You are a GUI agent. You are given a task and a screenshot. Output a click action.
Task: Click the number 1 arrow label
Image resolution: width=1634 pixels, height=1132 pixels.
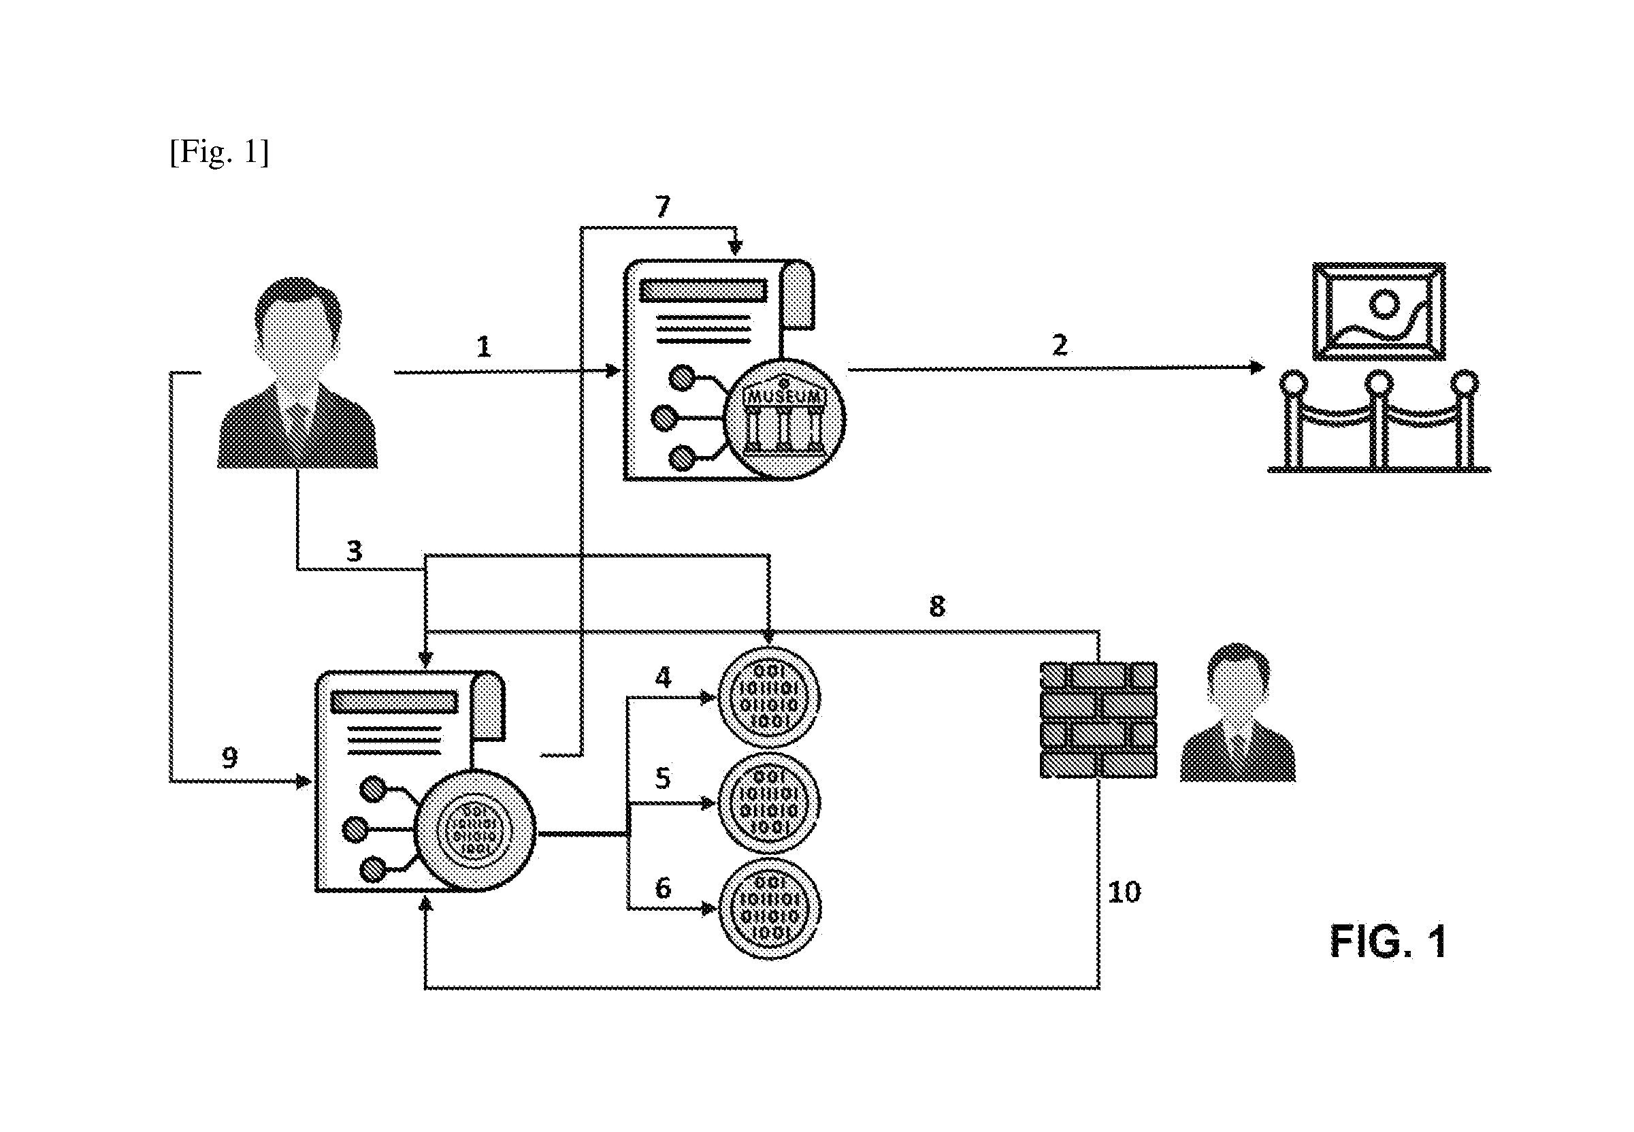click(x=484, y=347)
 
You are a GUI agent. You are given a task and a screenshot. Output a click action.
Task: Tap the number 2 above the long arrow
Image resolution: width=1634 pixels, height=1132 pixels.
click(x=1060, y=345)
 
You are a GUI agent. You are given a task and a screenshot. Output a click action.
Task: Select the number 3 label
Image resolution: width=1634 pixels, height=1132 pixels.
click(x=354, y=551)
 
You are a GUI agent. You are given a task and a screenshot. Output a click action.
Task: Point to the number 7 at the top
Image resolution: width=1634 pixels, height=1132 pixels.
click(x=662, y=207)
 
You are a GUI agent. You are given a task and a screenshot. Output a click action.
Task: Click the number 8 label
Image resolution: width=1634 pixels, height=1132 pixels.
click(x=937, y=607)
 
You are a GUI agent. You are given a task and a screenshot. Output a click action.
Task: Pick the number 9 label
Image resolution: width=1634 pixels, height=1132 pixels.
click(x=230, y=758)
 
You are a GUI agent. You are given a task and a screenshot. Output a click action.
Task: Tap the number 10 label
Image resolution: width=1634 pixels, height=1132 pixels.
click(x=1124, y=892)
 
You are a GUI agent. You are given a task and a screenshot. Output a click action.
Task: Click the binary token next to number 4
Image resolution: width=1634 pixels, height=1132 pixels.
click(x=770, y=698)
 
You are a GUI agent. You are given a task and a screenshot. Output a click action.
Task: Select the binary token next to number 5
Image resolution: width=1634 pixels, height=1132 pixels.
click(x=770, y=803)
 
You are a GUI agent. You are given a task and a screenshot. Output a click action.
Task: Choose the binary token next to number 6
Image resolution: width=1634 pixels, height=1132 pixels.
click(x=770, y=909)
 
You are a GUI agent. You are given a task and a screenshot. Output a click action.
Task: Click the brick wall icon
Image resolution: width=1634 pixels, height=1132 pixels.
click(x=1098, y=720)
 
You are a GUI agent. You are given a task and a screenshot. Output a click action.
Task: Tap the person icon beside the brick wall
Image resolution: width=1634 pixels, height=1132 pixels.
click(x=1237, y=713)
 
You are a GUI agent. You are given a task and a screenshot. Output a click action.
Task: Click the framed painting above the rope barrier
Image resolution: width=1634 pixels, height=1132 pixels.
click(x=1379, y=310)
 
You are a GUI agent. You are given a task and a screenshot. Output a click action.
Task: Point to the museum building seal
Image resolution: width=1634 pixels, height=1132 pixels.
click(x=785, y=419)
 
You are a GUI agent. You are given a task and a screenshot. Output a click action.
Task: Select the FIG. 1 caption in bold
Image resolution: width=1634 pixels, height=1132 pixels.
click(x=1388, y=941)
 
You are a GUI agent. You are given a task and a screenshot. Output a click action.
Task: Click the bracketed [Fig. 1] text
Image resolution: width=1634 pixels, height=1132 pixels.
click(x=219, y=152)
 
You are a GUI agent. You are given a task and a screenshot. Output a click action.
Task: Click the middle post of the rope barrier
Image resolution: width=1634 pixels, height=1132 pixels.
click(x=1379, y=420)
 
